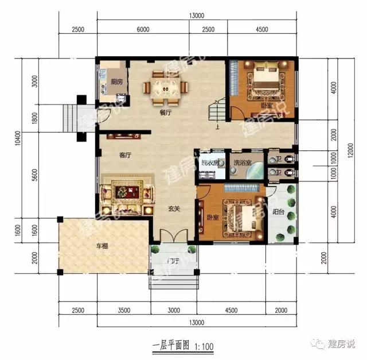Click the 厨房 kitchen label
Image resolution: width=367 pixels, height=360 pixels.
click(117, 82)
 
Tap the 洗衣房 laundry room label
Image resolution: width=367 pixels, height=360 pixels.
click(209, 163)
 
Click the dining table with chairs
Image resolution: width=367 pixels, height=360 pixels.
click(165, 88)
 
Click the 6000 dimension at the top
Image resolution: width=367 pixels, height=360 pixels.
click(143, 30)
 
